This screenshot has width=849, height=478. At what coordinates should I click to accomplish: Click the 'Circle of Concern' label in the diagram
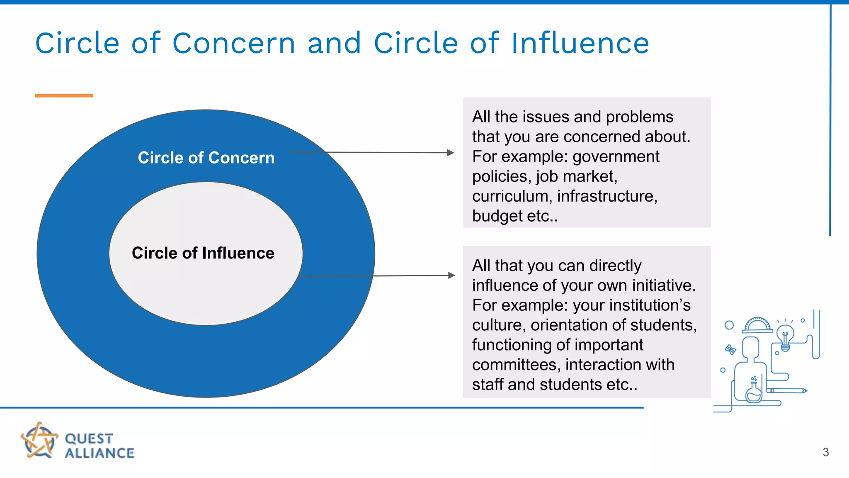(206, 158)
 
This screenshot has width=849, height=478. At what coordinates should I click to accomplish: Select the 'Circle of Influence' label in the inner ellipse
(203, 253)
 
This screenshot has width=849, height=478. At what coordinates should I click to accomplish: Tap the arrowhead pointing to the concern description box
(451, 153)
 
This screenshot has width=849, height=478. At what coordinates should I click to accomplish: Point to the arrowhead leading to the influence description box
(451, 275)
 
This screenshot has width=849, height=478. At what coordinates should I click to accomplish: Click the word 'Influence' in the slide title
(580, 43)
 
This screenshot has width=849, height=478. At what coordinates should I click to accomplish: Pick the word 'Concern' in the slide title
(234, 43)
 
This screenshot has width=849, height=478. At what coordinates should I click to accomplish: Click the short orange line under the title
(64, 96)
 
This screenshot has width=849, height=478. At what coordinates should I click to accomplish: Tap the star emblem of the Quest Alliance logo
(39, 441)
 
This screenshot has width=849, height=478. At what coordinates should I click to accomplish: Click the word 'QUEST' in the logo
(89, 439)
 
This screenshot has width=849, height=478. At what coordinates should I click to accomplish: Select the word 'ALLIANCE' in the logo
(99, 453)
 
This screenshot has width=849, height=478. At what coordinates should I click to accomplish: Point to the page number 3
(825, 452)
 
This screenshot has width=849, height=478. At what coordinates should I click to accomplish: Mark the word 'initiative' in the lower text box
(664, 285)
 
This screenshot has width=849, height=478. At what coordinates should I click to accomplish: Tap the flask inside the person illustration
(754, 392)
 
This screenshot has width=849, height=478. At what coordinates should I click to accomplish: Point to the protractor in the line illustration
(757, 325)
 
